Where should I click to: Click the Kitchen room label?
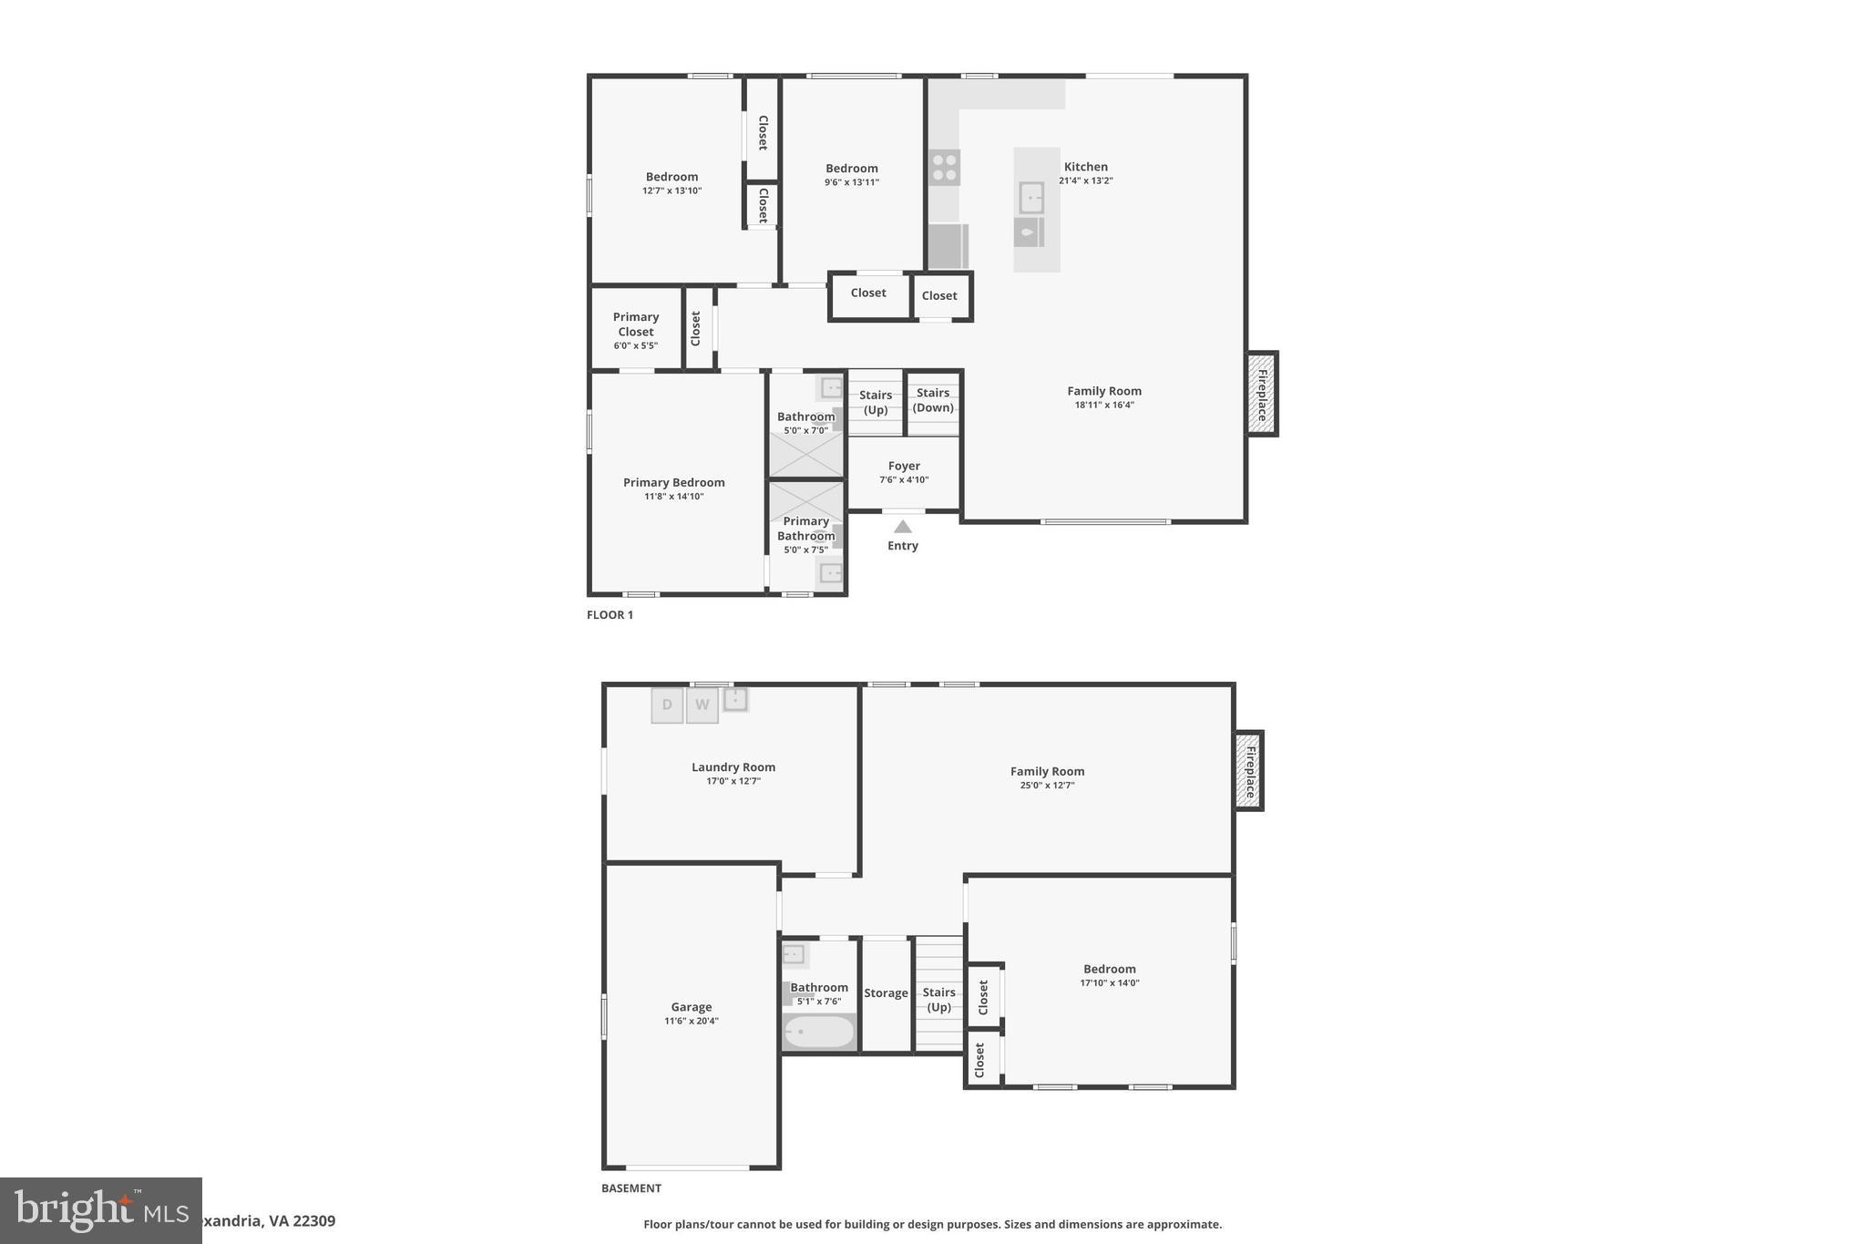point(1085,167)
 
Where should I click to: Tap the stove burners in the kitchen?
point(944,168)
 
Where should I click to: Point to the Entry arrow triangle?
point(902,527)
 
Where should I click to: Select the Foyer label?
point(904,466)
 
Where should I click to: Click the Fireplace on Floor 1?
point(1262,394)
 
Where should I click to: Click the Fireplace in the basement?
point(1249,770)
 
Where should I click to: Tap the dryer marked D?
point(667,705)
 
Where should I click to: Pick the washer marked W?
point(702,705)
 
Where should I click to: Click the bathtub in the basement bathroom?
point(819,1033)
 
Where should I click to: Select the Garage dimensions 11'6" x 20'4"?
point(691,1021)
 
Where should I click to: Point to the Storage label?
point(886,993)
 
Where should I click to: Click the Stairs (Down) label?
point(933,400)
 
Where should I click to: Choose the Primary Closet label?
point(635,324)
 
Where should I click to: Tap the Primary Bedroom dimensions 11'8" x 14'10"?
point(673,497)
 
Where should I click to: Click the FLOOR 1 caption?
point(610,615)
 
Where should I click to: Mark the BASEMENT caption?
point(631,1188)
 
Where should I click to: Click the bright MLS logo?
point(101,1210)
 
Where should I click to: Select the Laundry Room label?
point(733,767)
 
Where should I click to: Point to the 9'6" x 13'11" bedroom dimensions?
point(851,182)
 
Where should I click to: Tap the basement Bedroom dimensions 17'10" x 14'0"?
point(1109,983)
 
